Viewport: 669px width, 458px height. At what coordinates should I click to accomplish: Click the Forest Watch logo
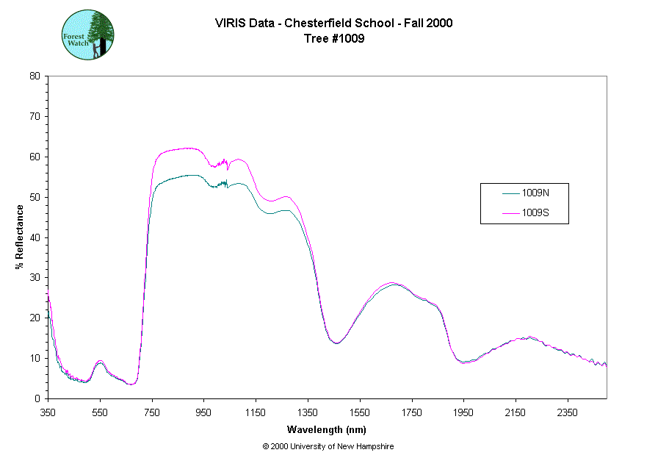point(87,35)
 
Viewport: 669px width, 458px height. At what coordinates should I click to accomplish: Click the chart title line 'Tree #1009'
point(334,39)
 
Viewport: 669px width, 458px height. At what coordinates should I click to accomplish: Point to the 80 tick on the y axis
point(35,76)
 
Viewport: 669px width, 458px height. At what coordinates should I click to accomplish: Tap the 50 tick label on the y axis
point(35,197)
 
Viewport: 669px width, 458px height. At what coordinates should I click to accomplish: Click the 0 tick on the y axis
point(37,398)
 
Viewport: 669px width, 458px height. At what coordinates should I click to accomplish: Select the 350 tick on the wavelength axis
point(48,412)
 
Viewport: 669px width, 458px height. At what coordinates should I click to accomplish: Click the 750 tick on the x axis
point(152,412)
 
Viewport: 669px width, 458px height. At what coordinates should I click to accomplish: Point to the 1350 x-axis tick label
point(308,412)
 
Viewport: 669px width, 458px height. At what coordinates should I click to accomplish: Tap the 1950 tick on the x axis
point(463,412)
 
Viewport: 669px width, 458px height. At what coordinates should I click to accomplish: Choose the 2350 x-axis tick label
point(567,412)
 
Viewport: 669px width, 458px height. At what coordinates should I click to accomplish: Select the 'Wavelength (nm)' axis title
point(327,430)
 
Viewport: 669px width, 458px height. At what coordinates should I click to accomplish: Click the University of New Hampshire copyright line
point(328,446)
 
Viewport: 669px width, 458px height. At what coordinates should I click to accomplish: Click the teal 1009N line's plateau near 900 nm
point(189,175)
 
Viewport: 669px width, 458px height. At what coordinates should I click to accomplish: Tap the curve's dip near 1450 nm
point(336,343)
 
